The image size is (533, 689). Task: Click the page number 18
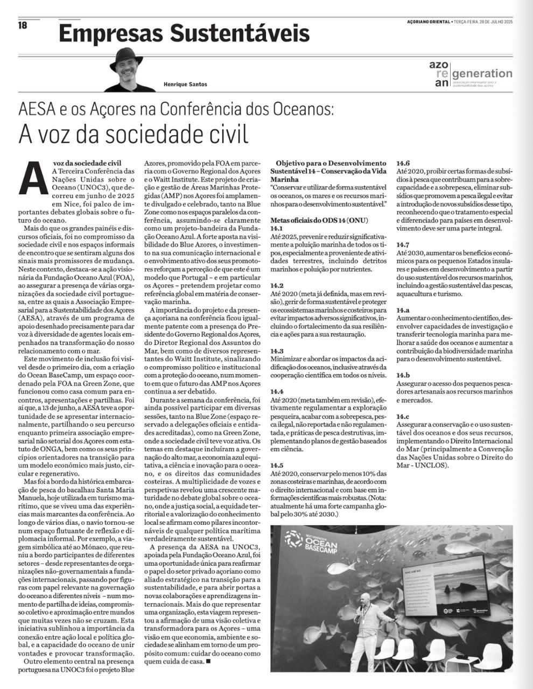click(x=22, y=25)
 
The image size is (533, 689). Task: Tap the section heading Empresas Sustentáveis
click(x=184, y=33)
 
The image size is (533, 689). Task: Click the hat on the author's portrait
click(x=128, y=55)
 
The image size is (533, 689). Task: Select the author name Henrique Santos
click(x=185, y=84)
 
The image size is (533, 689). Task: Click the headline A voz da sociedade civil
click(x=134, y=133)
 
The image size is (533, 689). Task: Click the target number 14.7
click(x=403, y=244)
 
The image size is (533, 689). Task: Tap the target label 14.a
click(x=403, y=311)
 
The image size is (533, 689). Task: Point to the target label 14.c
click(x=403, y=417)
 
